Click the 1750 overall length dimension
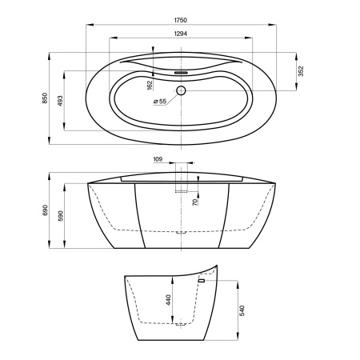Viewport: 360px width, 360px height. (x=181, y=20)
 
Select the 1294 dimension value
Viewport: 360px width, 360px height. (x=181, y=34)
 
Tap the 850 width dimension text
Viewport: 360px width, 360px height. (x=45, y=98)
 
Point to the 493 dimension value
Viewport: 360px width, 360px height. (x=60, y=101)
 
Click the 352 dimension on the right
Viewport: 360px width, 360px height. (x=301, y=71)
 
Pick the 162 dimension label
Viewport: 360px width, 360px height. (x=150, y=86)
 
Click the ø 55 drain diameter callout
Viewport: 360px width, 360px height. (x=160, y=102)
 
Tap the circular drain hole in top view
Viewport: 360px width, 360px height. (x=181, y=90)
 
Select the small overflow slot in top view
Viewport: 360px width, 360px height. (x=181, y=72)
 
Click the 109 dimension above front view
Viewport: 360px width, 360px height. (x=158, y=159)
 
